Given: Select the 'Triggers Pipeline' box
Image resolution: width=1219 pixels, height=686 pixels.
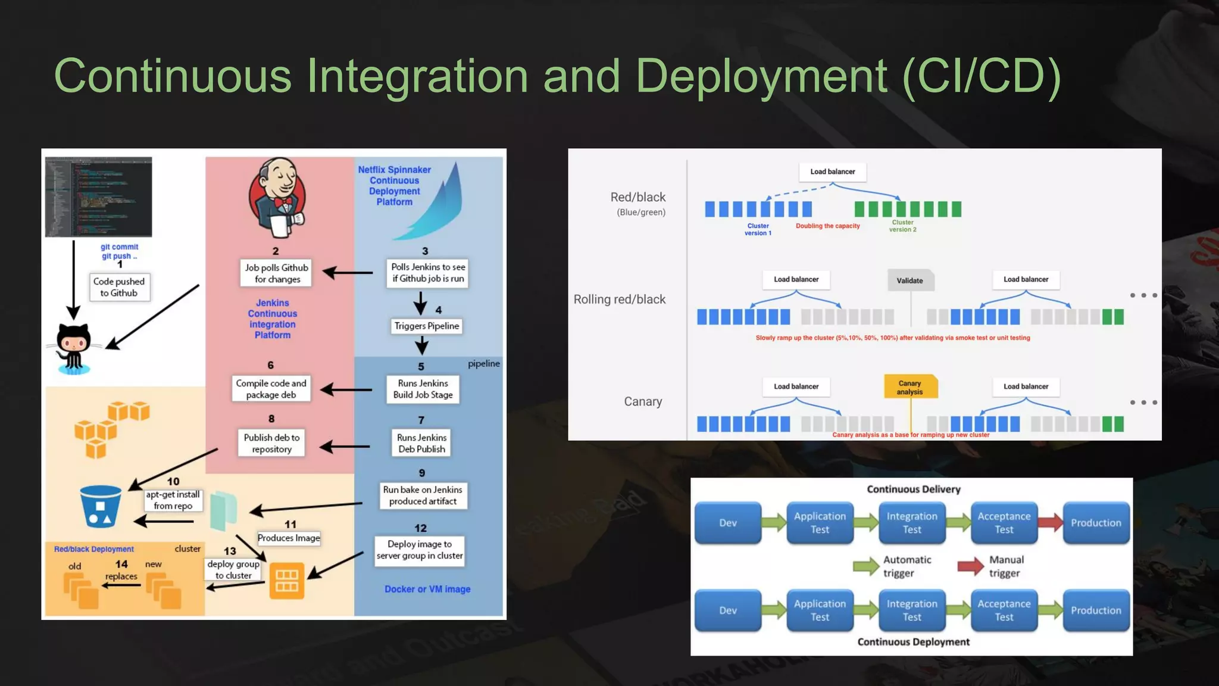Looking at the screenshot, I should (427, 326).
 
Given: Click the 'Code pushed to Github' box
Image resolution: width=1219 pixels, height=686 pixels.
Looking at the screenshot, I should (119, 287).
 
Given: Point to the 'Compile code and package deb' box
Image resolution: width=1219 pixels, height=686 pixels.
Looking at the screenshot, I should (271, 389).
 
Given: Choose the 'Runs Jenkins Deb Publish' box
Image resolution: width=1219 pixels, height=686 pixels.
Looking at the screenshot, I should (421, 443).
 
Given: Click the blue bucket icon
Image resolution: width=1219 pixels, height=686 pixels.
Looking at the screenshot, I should (101, 507).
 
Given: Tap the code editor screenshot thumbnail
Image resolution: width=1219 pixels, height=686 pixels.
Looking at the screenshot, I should (99, 197).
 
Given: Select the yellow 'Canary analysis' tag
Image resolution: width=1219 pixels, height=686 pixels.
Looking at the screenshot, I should (910, 387).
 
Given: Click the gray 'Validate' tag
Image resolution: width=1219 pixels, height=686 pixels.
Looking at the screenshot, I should (910, 280).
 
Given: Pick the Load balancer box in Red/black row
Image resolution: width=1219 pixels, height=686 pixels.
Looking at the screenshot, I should (832, 171).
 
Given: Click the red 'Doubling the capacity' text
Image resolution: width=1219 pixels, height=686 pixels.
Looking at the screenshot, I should (827, 226).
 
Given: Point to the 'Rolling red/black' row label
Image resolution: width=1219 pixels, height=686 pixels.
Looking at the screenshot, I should (619, 300).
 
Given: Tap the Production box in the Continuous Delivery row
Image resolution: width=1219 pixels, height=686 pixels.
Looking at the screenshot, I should (1095, 523).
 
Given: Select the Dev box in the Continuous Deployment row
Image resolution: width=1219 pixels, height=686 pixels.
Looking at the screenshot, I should (727, 610).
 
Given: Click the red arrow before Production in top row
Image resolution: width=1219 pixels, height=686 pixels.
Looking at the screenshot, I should (1050, 523).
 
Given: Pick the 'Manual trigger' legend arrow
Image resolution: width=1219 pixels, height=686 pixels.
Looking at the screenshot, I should (970, 566).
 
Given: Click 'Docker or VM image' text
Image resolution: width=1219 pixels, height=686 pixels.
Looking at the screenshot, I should (427, 589).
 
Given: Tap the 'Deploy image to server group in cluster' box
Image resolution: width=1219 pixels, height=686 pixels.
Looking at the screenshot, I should (419, 550).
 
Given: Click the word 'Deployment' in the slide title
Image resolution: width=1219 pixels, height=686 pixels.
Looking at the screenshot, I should (761, 76).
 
